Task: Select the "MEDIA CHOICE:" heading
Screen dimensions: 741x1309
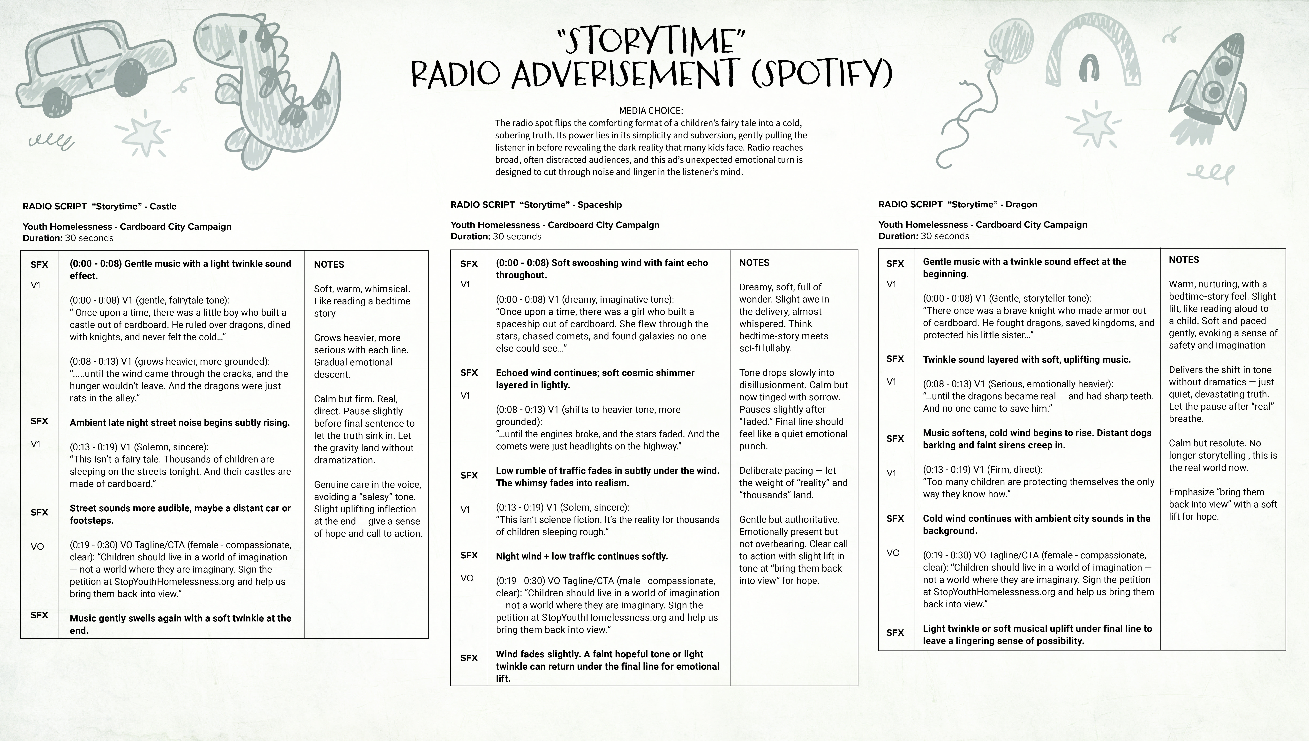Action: [651, 110]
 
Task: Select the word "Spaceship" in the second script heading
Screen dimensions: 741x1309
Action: [599, 205]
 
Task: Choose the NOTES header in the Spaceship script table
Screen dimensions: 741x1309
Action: [754, 263]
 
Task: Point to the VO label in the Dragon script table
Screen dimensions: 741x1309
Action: [893, 553]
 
